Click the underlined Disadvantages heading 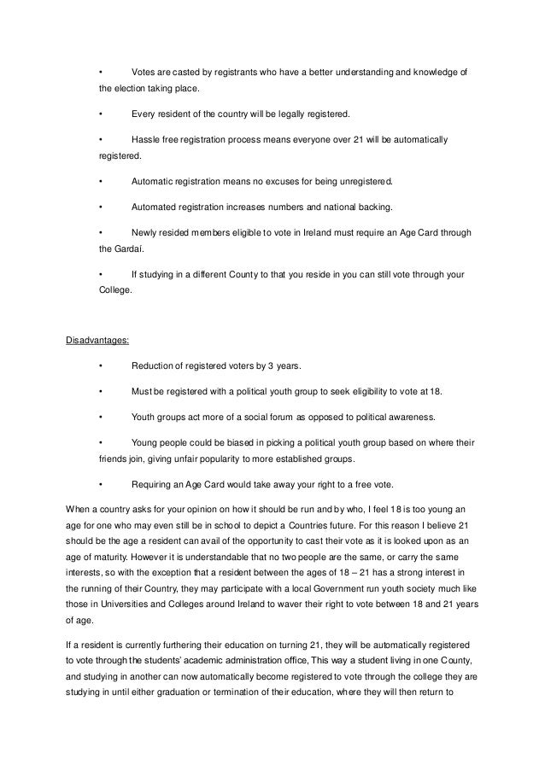(97, 342)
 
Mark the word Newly (145, 232)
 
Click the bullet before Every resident (101, 114)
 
